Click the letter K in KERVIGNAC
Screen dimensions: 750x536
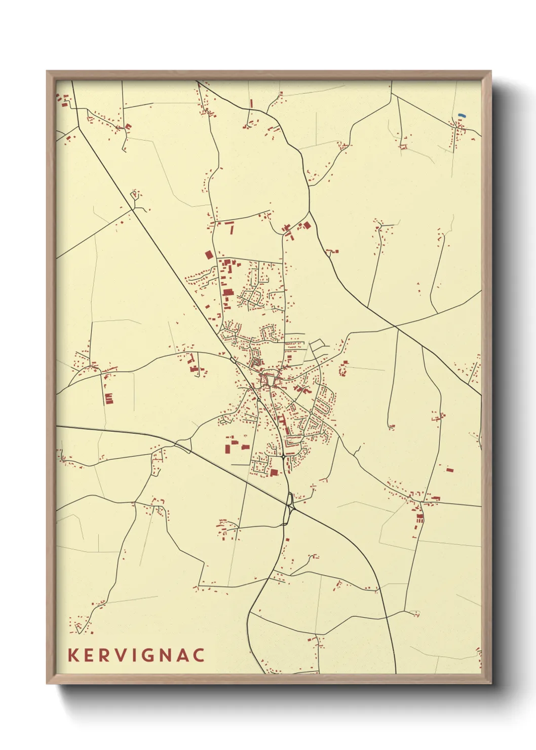[x=73, y=655]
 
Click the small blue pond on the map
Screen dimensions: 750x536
[x=462, y=116]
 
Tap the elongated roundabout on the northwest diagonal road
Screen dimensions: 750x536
[x=232, y=360]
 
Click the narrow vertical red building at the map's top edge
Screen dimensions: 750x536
[x=251, y=103]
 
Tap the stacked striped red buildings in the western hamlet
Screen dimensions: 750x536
[x=108, y=398]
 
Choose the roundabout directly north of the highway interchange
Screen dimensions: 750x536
[x=283, y=457]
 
